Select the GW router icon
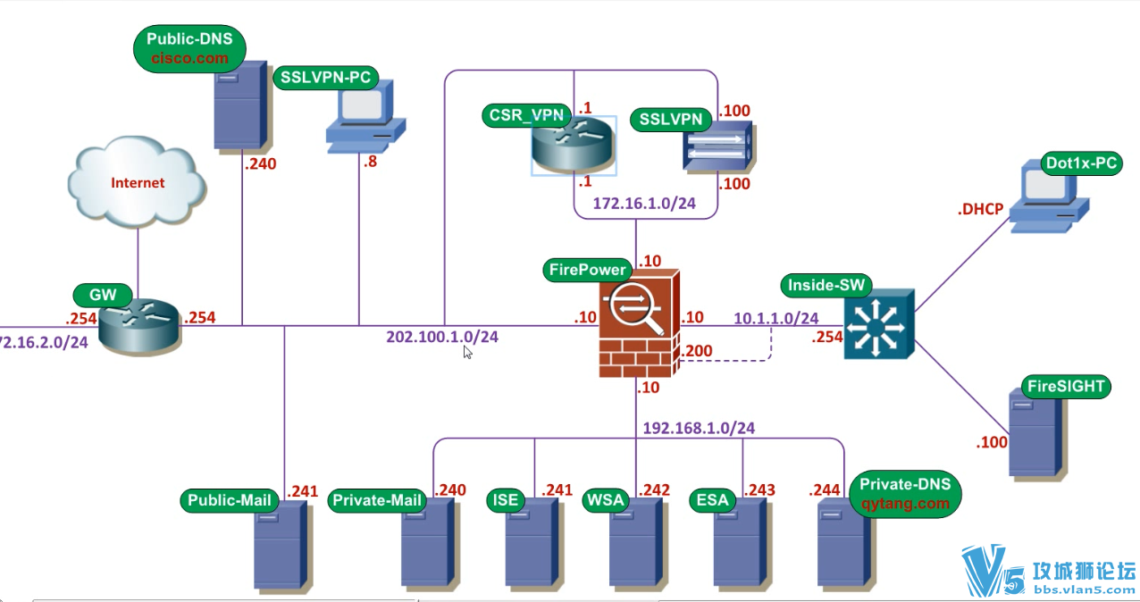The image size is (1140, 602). click(139, 327)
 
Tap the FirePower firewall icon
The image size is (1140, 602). click(637, 323)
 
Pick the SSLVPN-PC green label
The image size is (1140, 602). click(325, 77)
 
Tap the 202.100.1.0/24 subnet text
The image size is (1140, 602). click(442, 337)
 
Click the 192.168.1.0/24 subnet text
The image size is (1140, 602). click(699, 428)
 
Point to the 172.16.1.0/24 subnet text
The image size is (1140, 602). click(644, 204)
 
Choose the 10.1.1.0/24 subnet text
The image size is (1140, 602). click(776, 318)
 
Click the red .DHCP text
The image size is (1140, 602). click(980, 211)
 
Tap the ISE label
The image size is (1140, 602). click(506, 500)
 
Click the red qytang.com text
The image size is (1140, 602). click(904, 503)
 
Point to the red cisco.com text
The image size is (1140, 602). click(188, 58)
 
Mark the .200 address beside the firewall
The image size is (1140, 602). click(696, 351)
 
